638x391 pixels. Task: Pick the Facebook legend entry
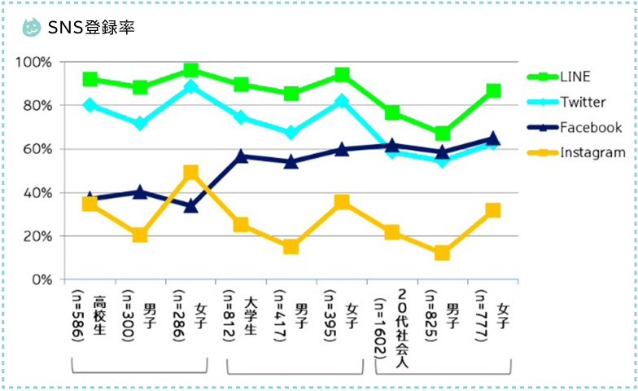(x=590, y=127)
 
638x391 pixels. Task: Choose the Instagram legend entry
(x=592, y=152)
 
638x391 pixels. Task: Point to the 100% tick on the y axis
(x=34, y=63)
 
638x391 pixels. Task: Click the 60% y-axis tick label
(x=37, y=150)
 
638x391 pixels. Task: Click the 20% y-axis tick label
(x=37, y=236)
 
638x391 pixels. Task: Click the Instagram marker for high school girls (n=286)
(x=191, y=173)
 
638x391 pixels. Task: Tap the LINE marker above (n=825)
(x=442, y=134)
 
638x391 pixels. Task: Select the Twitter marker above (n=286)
(x=191, y=86)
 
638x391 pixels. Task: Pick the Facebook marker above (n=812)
(x=241, y=155)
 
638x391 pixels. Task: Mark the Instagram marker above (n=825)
(x=442, y=253)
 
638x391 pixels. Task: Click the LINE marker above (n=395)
(x=342, y=75)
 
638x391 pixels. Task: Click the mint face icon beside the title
(x=32, y=27)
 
